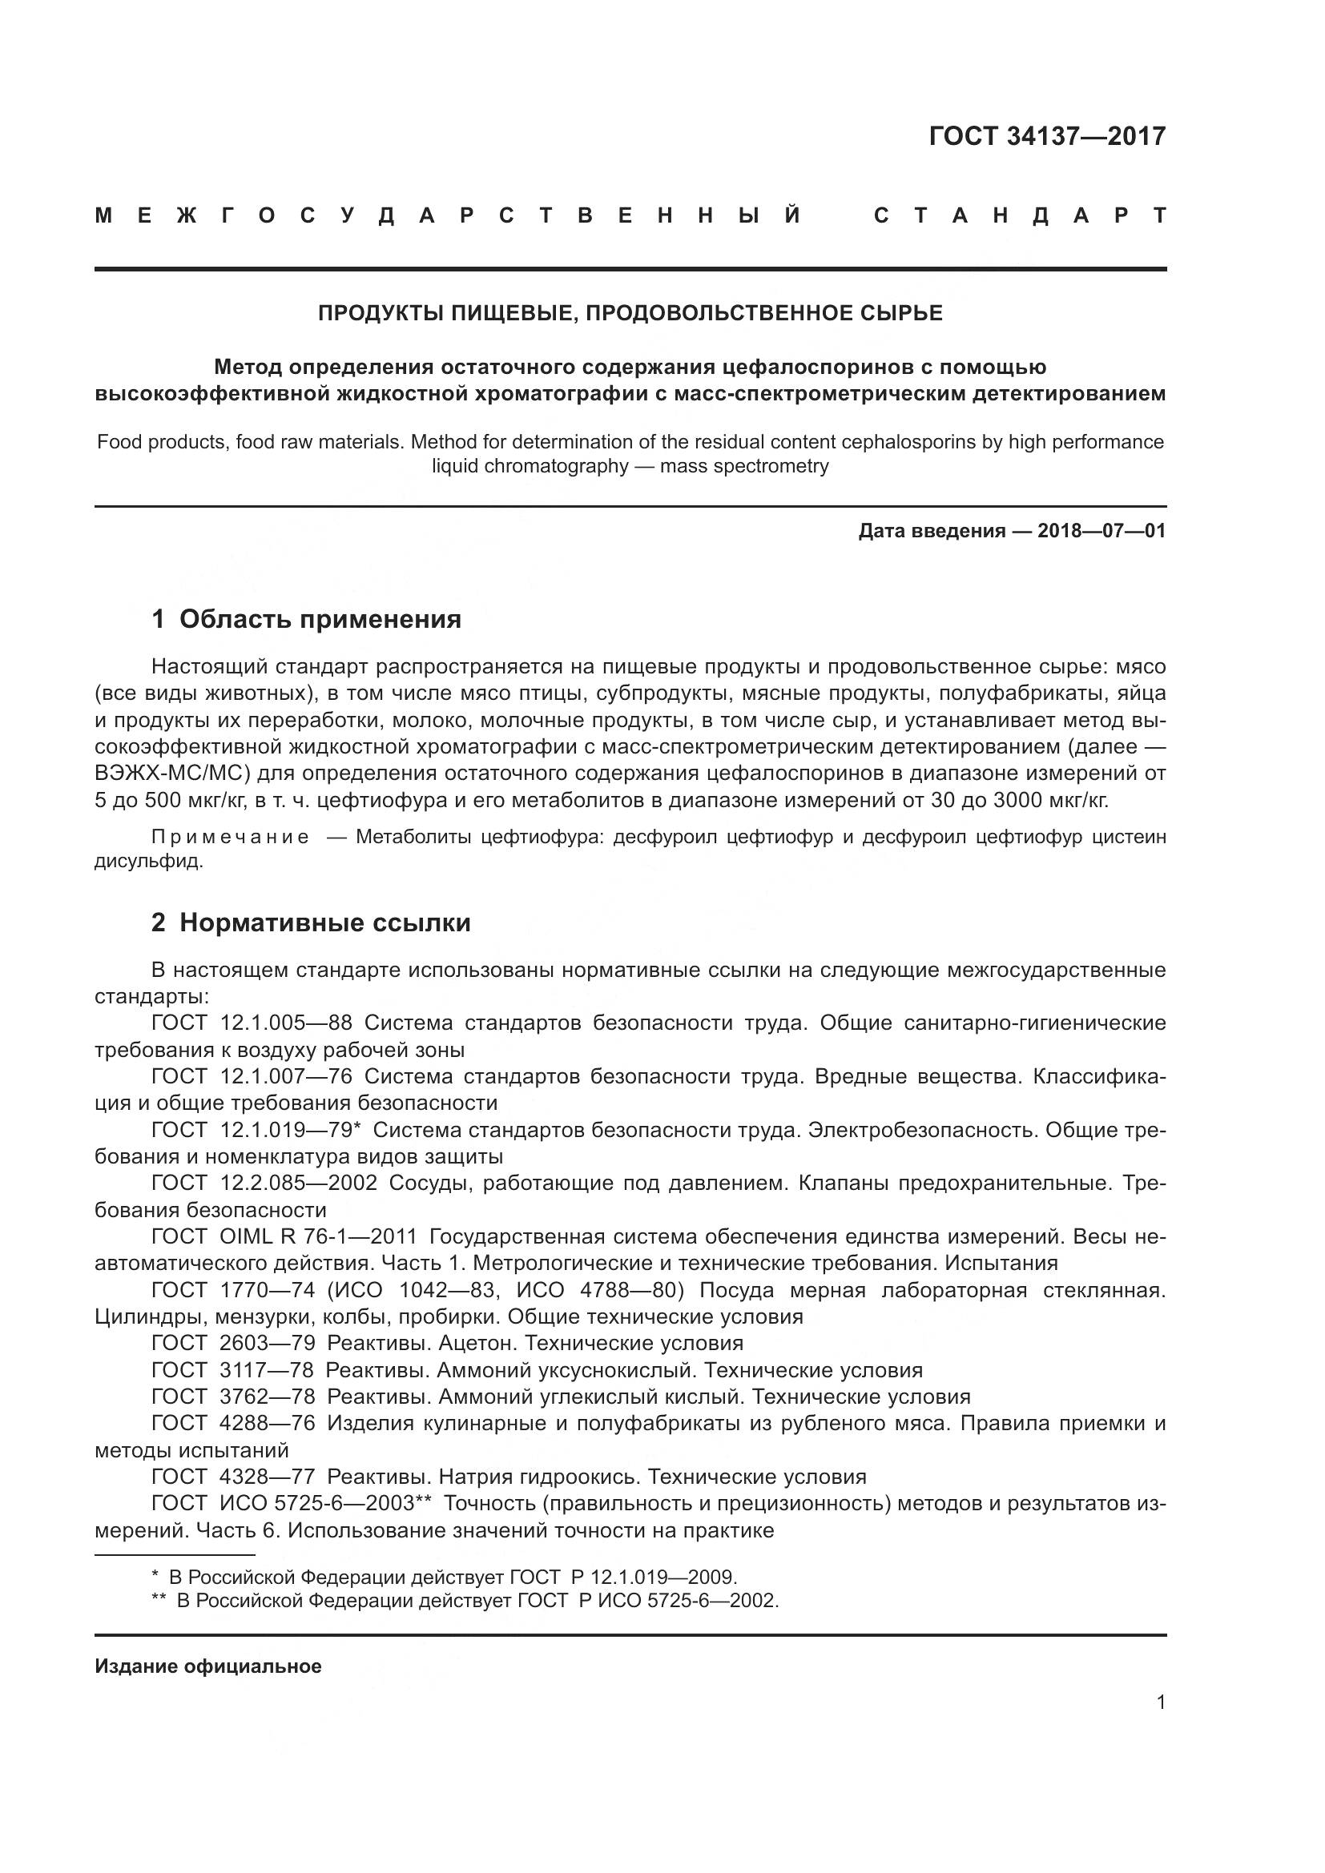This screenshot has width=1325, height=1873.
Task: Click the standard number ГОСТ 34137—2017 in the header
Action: (1047, 136)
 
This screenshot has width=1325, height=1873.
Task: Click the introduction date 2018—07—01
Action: (1101, 531)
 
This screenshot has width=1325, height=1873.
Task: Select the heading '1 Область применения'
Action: (306, 619)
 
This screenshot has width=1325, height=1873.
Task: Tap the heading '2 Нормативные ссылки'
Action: (311, 922)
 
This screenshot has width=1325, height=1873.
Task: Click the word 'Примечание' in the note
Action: (230, 837)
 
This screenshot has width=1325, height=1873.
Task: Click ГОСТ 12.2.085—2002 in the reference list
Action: (264, 1183)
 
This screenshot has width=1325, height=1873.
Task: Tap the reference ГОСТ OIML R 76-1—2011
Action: (284, 1236)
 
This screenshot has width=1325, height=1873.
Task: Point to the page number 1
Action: (1160, 1702)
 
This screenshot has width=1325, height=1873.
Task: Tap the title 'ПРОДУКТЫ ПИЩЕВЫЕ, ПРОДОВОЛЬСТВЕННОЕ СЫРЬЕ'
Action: (630, 313)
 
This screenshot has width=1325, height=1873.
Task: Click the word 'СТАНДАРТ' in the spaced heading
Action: (1019, 215)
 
